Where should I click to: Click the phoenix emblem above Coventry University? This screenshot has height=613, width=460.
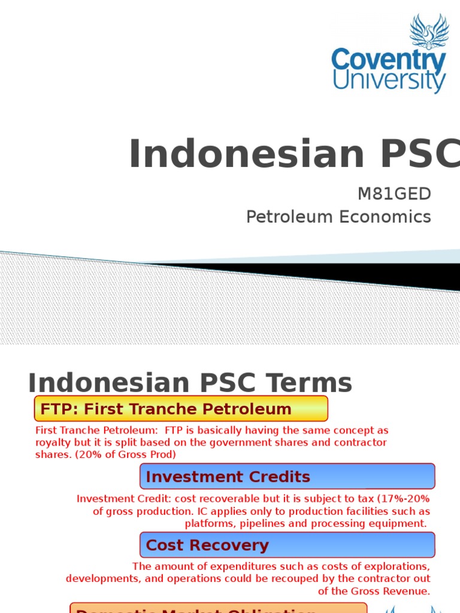coord(429,32)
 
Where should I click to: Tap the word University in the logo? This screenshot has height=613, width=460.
coord(389,81)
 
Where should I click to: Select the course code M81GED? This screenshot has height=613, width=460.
coord(394,193)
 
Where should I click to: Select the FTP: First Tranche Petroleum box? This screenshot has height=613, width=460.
coord(181,409)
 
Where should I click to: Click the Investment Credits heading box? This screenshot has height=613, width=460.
coord(287,477)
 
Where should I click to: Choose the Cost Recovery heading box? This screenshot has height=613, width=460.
coord(287,545)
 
